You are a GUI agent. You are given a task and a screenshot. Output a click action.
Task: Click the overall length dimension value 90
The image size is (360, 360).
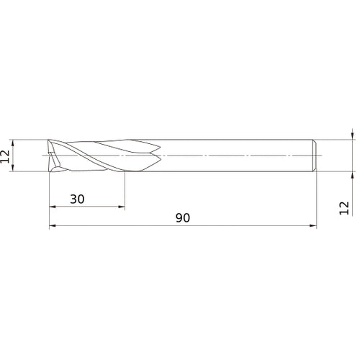(x=182, y=218)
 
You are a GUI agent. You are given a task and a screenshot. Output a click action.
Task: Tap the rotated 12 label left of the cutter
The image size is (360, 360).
(x=6, y=156)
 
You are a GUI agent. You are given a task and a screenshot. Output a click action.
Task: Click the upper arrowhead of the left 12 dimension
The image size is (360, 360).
(x=14, y=143)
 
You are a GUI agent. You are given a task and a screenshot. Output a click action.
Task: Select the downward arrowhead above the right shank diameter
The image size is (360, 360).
(x=352, y=135)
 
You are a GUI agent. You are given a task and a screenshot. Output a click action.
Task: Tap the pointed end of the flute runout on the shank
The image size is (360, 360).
(x=161, y=154)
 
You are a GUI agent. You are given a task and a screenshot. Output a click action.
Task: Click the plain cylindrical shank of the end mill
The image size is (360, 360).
(x=238, y=155)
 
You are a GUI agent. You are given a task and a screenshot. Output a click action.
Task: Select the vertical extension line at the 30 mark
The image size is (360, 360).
(x=124, y=191)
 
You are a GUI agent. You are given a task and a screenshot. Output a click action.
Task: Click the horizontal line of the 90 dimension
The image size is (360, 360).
(x=216, y=228)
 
